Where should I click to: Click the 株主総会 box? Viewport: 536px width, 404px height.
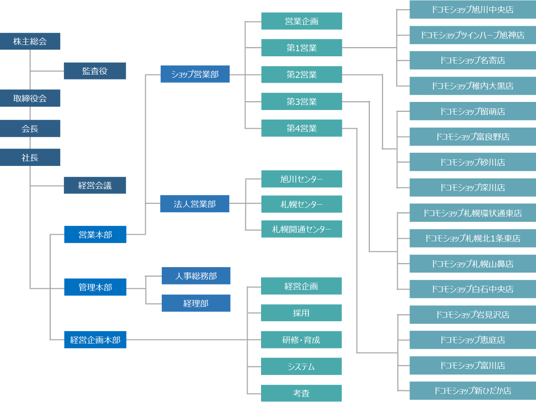click(x=30, y=41)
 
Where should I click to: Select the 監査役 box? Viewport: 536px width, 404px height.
click(x=95, y=71)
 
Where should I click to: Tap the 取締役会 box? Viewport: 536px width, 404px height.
click(x=30, y=98)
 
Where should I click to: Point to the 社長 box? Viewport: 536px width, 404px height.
click(x=30, y=157)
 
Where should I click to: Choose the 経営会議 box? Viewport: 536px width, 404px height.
click(x=95, y=185)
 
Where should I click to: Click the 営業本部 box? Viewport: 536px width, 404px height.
click(x=95, y=234)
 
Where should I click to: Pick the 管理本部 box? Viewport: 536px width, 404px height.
click(x=95, y=287)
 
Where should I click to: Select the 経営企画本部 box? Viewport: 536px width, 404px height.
click(x=95, y=340)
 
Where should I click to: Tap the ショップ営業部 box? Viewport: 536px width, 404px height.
click(x=195, y=74)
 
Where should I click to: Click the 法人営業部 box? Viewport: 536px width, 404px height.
click(x=195, y=204)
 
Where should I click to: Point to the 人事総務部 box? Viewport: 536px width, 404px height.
click(x=196, y=276)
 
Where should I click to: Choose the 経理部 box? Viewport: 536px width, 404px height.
click(x=196, y=303)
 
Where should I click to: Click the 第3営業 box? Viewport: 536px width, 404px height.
click(x=302, y=101)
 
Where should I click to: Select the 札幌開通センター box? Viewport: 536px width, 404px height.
click(x=302, y=229)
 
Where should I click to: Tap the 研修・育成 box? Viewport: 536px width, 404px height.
click(x=301, y=340)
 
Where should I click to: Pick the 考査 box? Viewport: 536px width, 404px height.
click(x=301, y=393)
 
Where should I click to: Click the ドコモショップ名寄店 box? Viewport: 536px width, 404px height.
click(x=473, y=60)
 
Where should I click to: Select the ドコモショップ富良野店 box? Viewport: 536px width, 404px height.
click(x=473, y=137)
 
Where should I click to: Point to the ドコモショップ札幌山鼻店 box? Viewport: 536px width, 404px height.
click(x=473, y=264)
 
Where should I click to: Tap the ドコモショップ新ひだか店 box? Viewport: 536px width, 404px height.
click(x=473, y=391)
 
